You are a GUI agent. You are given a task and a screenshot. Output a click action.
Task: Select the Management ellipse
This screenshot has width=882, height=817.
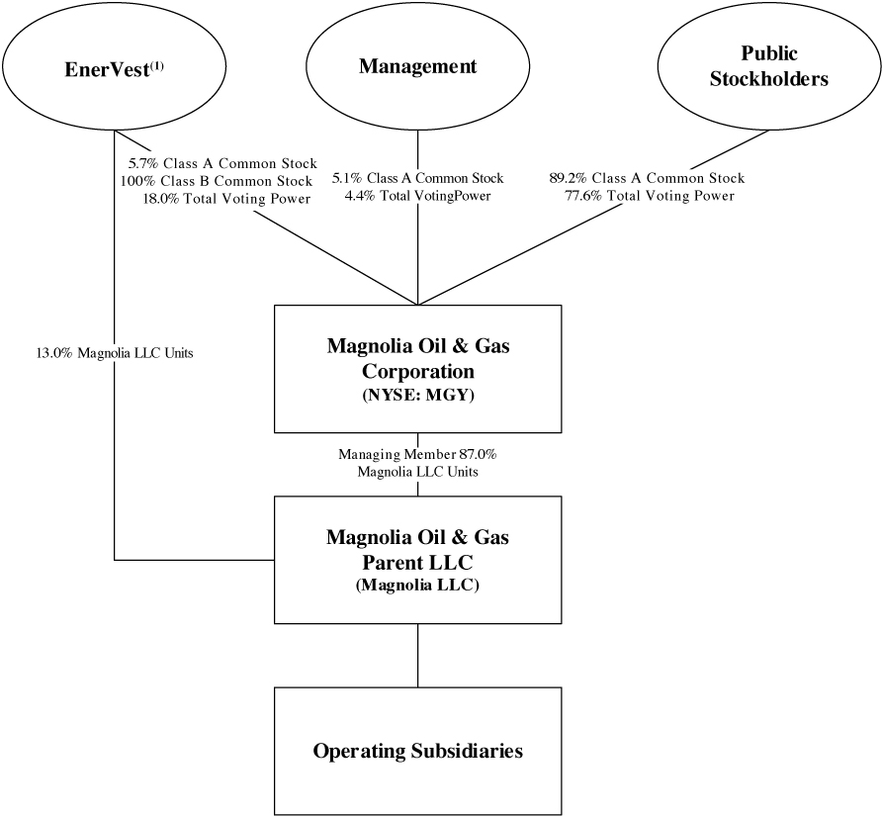tap(417, 67)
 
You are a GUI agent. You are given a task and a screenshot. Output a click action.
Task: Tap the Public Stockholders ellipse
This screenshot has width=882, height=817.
tap(768, 67)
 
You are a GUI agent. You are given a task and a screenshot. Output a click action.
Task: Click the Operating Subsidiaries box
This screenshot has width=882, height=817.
tap(417, 751)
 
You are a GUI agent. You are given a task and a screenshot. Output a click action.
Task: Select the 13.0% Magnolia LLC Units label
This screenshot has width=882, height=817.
tap(114, 353)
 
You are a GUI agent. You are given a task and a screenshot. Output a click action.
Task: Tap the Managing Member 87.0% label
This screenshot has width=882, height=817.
tap(417, 455)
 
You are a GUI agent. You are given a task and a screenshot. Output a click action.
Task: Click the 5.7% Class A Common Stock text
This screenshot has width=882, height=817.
tap(222, 163)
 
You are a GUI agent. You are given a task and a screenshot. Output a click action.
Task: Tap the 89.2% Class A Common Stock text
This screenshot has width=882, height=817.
tap(647, 179)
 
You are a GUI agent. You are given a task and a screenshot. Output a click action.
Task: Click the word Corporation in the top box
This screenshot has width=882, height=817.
tap(417, 372)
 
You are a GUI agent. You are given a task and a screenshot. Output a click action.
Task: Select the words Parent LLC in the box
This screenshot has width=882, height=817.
tap(417, 563)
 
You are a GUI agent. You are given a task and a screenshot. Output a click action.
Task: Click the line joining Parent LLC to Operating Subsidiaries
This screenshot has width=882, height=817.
tap(417, 656)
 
